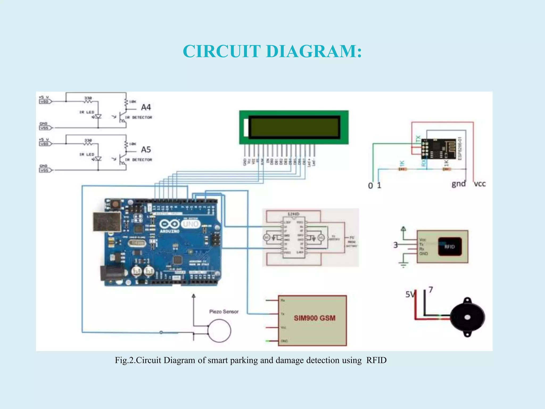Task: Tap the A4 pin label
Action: pos(146,107)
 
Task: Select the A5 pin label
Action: pos(146,150)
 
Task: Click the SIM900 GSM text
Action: pos(315,318)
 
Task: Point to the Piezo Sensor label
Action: pos(224,312)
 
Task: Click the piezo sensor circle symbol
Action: pos(219,331)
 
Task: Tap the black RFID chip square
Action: pos(449,247)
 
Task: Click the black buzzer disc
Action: pos(467,317)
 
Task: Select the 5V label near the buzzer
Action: pos(410,294)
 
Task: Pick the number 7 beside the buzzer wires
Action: pos(431,290)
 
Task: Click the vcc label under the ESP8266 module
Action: pos(480,184)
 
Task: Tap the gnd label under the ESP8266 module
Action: pos(459,184)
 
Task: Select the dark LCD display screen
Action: pos(294,127)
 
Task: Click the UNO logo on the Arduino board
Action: pos(191,224)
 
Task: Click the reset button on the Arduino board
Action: pos(116,204)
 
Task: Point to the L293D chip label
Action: pos(294,214)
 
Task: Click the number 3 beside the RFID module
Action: pos(396,245)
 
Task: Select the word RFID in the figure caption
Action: pos(376,360)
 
